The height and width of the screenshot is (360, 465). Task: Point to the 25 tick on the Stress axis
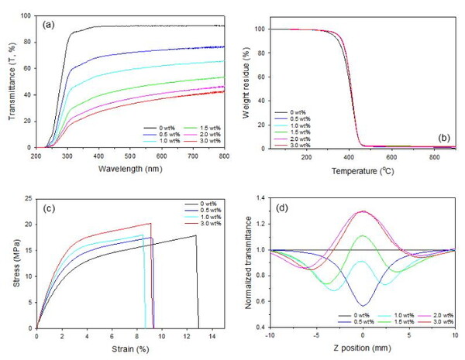(29, 198)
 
